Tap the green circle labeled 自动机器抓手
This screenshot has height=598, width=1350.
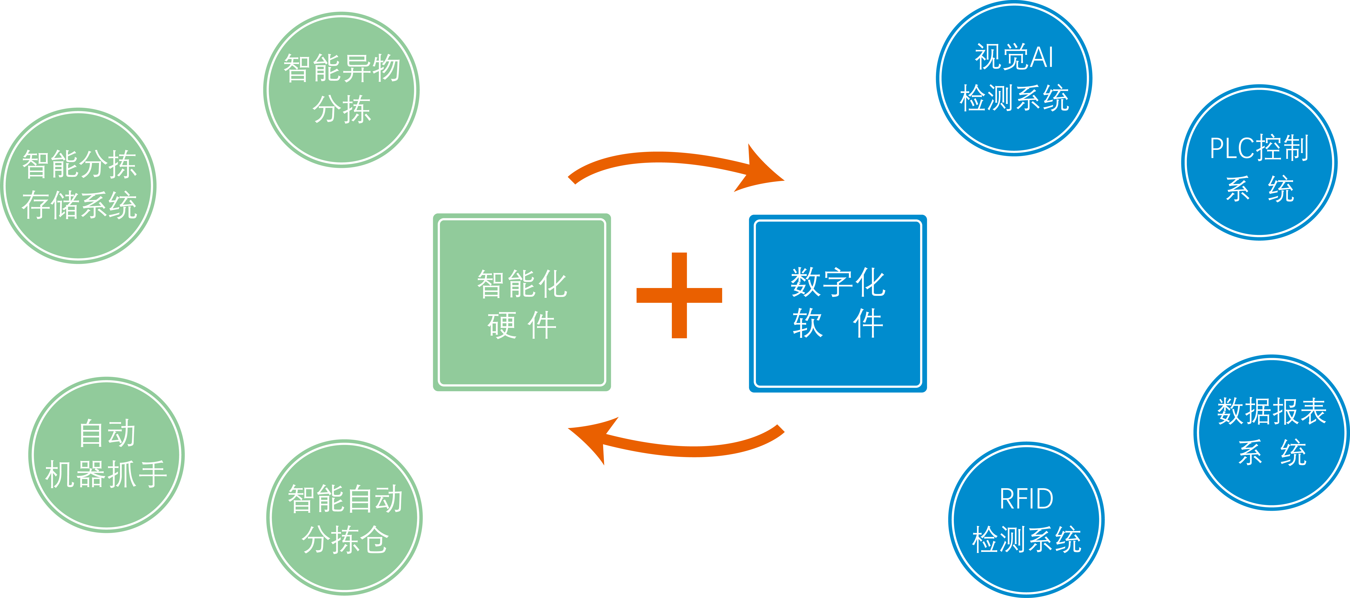coord(106,454)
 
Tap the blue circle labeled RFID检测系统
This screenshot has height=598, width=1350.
coord(1026,519)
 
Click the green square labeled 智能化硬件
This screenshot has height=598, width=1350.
coord(521,302)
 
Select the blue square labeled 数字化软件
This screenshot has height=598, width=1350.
coord(837,304)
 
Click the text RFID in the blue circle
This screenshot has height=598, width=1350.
coord(1026,499)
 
